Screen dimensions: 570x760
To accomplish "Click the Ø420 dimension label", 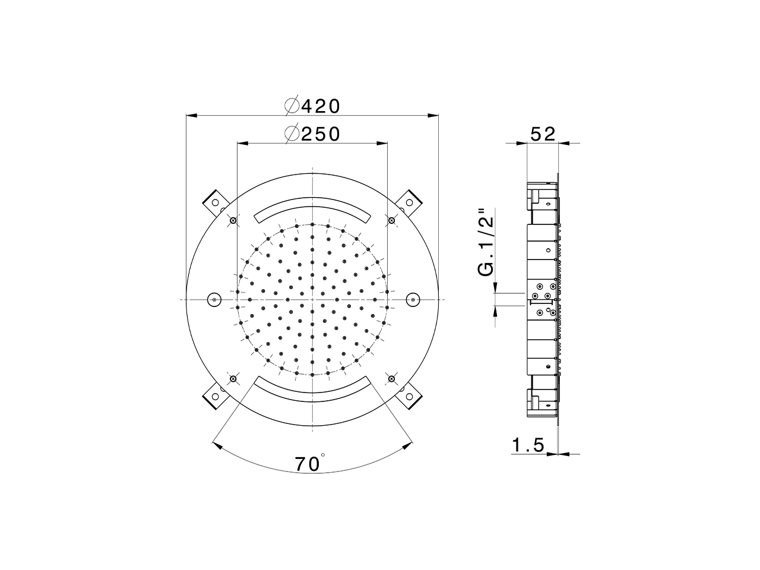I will [x=312, y=106].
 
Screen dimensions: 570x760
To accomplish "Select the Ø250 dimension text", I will [x=312, y=134].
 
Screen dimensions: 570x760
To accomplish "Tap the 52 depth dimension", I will [x=543, y=134].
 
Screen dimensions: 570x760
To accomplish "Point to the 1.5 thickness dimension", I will [x=528, y=445].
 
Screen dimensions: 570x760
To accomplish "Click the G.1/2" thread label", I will [x=486, y=242].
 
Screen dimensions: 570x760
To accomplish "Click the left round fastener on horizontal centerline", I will [x=213, y=300].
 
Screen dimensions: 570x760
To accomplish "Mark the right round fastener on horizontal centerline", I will [x=411, y=300].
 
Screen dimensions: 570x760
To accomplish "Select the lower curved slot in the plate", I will [x=312, y=392].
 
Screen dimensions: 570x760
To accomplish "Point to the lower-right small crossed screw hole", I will [x=391, y=378].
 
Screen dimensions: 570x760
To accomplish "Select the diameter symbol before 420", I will [x=292, y=106].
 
